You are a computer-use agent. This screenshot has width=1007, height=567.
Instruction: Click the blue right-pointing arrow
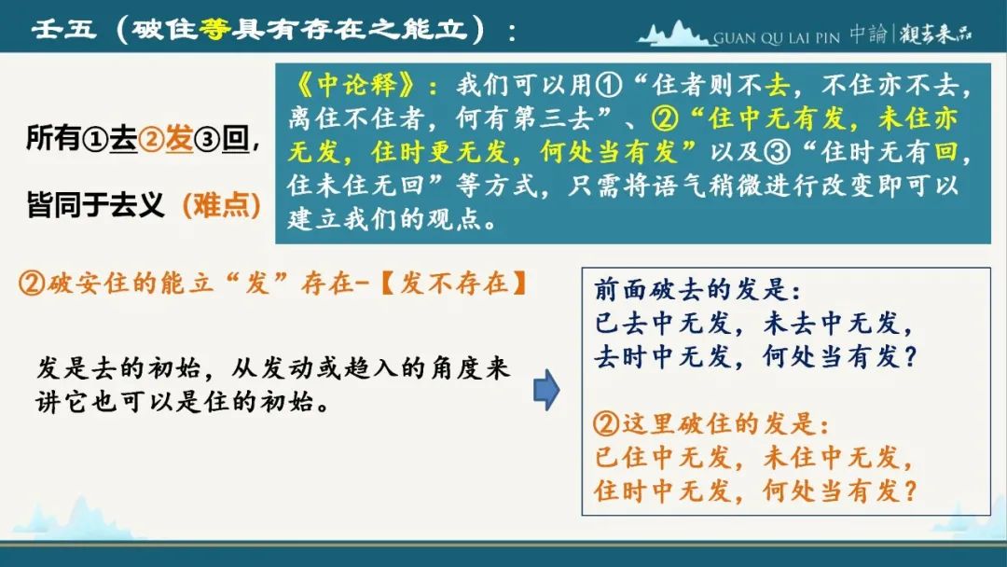pyautogui.click(x=546, y=390)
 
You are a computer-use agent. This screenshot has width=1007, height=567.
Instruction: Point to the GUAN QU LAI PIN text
pyautogui.click(x=777, y=38)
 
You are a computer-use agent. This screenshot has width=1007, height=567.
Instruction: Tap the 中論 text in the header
pyautogui.click(x=868, y=34)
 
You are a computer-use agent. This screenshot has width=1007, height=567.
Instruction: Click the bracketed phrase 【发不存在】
pyautogui.click(x=453, y=283)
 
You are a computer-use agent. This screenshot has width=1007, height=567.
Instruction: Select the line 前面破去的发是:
pyautogui.click(x=697, y=289)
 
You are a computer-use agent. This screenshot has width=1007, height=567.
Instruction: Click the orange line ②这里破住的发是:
pyautogui.click(x=711, y=423)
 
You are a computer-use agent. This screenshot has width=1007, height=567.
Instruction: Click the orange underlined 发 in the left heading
pyautogui.click(x=179, y=139)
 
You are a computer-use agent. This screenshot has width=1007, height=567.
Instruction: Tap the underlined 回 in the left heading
pyautogui.click(x=236, y=139)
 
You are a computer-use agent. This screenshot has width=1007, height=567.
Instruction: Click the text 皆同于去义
pyautogui.click(x=96, y=205)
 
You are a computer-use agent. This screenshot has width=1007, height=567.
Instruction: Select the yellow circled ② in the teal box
pyautogui.click(x=665, y=118)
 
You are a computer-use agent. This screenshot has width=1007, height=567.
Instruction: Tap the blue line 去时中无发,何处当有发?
pyautogui.click(x=755, y=356)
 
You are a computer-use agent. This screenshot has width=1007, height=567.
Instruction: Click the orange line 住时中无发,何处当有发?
pyautogui.click(x=755, y=491)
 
